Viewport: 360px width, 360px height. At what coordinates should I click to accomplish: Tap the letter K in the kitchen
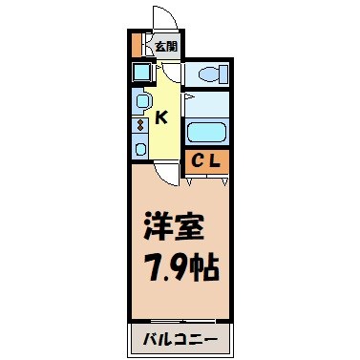[161, 118]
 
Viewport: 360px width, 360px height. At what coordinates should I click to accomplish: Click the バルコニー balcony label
[180, 340]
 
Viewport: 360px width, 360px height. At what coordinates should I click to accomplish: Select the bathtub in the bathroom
[207, 132]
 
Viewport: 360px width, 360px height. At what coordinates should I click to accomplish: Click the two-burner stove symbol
[141, 123]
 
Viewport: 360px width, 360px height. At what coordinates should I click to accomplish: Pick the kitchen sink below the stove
[141, 147]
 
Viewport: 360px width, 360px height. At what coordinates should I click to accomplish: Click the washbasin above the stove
[141, 100]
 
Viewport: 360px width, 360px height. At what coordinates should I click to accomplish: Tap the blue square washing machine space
[141, 73]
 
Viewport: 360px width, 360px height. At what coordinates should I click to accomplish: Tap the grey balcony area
[180, 340]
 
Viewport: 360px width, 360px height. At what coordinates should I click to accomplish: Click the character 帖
[204, 266]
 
